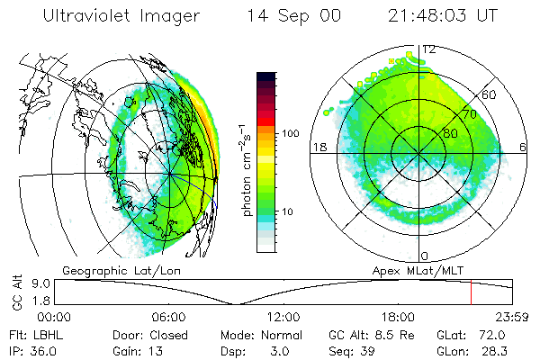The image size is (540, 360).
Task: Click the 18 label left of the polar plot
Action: click(318, 148)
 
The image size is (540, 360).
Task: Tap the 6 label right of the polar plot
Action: click(523, 148)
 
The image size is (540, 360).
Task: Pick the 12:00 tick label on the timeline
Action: click(284, 317)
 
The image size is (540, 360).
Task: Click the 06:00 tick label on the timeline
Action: click(169, 317)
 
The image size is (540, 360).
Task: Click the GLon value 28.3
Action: click(485, 349)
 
